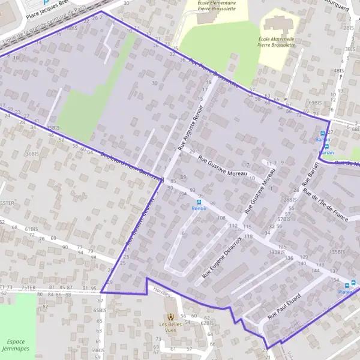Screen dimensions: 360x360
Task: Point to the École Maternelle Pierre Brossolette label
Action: tap(278, 40)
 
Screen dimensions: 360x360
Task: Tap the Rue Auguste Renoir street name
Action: tap(191, 127)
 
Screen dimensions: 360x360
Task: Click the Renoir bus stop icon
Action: tap(199, 202)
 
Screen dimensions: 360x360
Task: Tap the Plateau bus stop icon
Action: tap(353, 284)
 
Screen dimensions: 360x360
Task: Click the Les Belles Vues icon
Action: tap(171, 316)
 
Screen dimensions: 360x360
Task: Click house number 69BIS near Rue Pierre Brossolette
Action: tap(314, 103)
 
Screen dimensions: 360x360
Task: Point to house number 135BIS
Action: tap(337, 251)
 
